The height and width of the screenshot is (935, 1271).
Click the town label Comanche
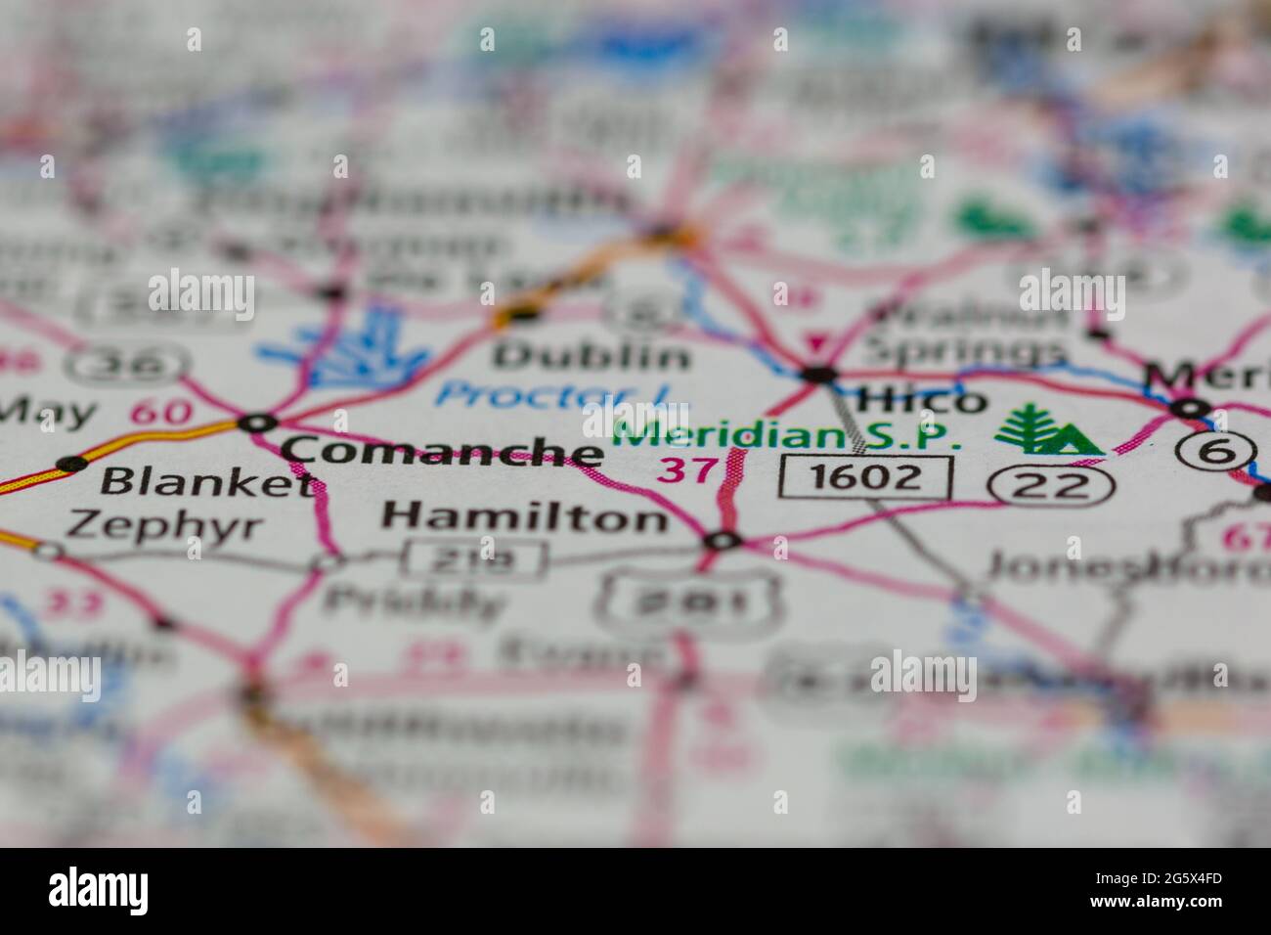tap(442, 451)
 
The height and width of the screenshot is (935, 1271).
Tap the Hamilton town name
tap(525, 515)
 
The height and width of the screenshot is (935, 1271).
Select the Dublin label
tap(592, 355)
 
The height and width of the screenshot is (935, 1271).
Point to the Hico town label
tap(920, 399)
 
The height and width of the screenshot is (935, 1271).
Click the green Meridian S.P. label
tap(786, 435)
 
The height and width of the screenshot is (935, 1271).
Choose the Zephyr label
tap(164, 526)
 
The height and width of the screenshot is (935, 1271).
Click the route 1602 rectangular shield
tap(866, 476)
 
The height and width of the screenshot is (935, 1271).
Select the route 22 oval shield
tap(1050, 483)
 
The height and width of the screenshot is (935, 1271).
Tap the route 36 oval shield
tap(128, 364)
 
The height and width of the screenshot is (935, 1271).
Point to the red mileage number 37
tap(687, 470)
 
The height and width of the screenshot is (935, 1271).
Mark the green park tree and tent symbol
tap(1046, 430)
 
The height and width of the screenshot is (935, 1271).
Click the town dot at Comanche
tap(259, 423)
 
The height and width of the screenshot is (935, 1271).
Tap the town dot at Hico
tap(819, 374)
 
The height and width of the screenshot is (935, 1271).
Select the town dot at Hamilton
tap(723, 540)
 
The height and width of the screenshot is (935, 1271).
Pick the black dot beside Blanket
tap(70, 463)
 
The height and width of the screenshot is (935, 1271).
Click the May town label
tap(46, 412)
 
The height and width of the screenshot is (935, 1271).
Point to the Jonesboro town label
tap(1124, 565)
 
